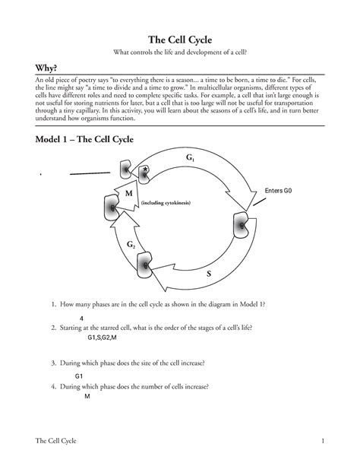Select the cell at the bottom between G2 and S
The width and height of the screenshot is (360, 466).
tap(145, 264)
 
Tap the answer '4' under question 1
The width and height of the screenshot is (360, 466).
tap(81, 317)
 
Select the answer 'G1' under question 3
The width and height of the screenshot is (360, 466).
tap(79, 376)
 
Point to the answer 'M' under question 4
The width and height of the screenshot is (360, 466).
tap(87, 396)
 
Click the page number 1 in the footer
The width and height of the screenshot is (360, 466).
tap(324, 442)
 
